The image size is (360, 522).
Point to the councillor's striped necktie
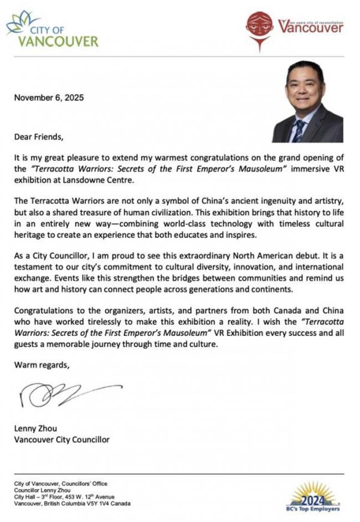tap(299, 131)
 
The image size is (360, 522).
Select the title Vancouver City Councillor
tap(61, 440)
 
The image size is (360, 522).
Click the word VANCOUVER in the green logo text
tap(58, 41)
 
